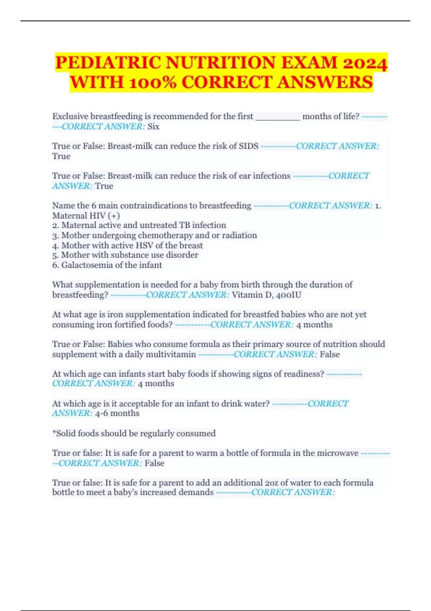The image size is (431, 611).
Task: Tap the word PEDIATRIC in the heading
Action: [108, 63]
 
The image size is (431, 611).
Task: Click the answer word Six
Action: [153, 127]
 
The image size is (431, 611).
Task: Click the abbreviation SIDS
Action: [249, 146]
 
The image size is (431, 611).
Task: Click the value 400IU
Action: [289, 295]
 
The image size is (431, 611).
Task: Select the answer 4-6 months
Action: [117, 413]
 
